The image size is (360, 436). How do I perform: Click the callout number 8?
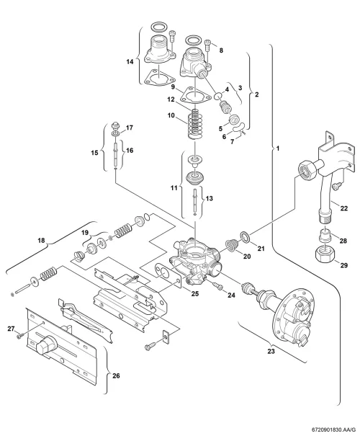coord(221,50)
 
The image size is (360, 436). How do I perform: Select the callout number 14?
coord(130,61)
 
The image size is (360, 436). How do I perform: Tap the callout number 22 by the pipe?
coord(344,208)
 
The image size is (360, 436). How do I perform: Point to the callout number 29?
coord(344,265)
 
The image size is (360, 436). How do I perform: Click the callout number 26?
coord(116,375)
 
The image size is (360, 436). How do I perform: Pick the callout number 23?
coord(271,351)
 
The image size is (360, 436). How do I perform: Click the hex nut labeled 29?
coord(323,254)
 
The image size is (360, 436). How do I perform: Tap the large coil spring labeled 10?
coord(197,124)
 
